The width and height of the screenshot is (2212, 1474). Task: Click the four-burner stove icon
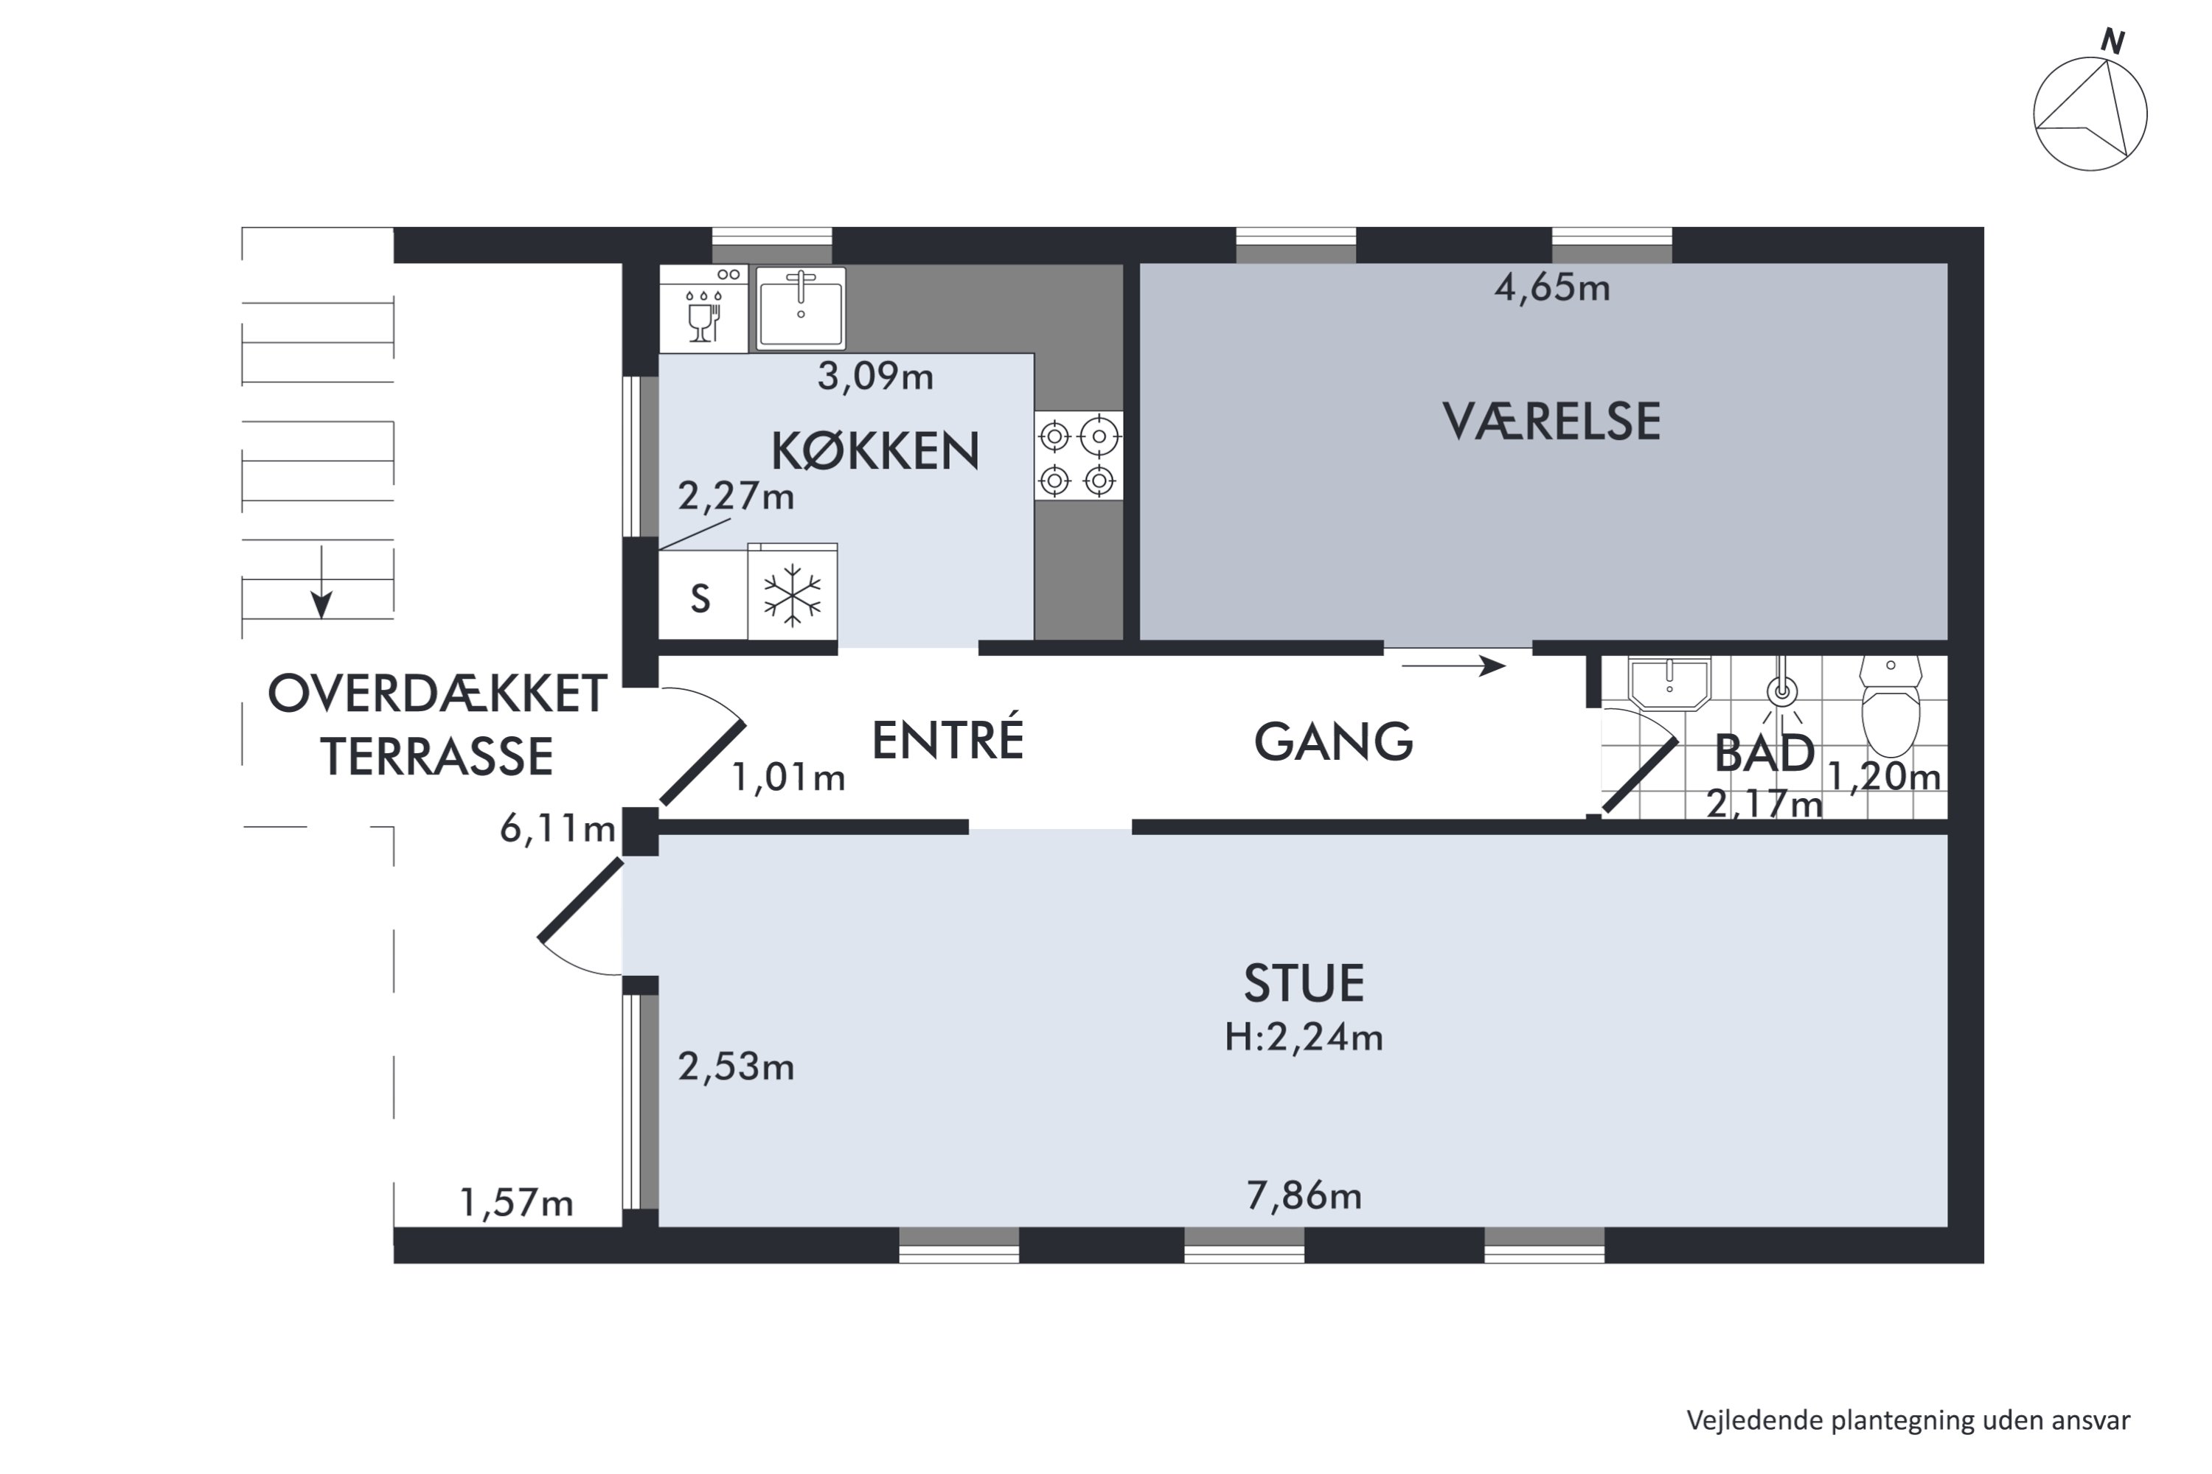[x=1078, y=456]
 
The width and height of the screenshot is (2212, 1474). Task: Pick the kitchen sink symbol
[x=800, y=307]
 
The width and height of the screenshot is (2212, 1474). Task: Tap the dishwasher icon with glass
[x=703, y=310]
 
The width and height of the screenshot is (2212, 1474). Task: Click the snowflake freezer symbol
[x=792, y=595]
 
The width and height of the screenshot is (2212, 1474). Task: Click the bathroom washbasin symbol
[x=1669, y=682]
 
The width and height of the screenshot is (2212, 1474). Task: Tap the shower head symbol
[x=1781, y=694]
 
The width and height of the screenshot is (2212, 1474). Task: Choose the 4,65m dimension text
[x=1552, y=287]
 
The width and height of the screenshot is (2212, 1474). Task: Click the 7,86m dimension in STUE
[x=1304, y=1195]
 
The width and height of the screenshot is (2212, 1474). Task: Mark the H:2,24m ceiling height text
[x=1304, y=1038]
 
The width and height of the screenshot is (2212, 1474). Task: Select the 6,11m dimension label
[x=557, y=829]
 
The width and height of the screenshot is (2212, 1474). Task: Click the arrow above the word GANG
[x=1453, y=666]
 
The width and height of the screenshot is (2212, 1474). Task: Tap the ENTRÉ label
[x=947, y=740]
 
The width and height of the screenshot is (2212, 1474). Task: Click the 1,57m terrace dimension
[x=515, y=1204]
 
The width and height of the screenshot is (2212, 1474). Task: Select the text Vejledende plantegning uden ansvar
[x=1907, y=1420]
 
